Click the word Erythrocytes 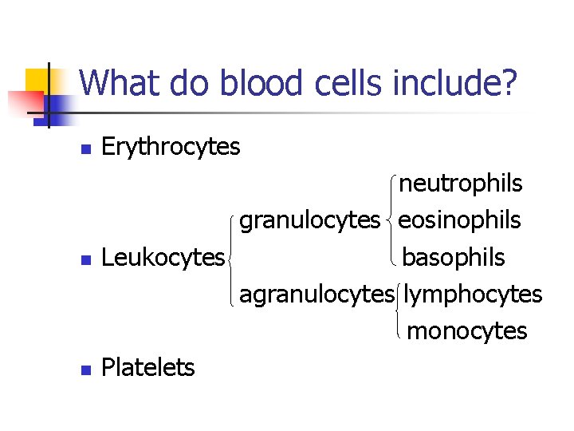coord(171,147)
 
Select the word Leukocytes coord(163,257)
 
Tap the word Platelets coord(148,367)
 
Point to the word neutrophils coord(461,184)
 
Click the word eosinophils coord(460,220)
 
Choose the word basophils coord(454,257)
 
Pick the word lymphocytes coord(473,294)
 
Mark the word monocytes coord(467,330)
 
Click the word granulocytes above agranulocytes coord(309,220)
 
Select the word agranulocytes coord(316,294)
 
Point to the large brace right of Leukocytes coord(232,257)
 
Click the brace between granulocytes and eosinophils coord(391,220)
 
